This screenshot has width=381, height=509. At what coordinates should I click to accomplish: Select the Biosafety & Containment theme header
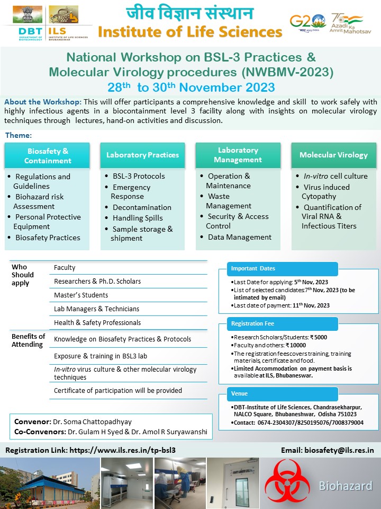click(x=48, y=156)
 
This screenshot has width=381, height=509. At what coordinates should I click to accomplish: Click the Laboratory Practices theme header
click(x=142, y=155)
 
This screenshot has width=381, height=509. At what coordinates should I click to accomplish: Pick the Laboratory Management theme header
click(x=238, y=155)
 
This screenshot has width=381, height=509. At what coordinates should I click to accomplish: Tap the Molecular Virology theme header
click(x=333, y=155)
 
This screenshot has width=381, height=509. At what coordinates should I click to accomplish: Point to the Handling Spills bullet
click(x=138, y=218)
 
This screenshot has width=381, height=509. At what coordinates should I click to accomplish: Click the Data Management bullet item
click(x=239, y=237)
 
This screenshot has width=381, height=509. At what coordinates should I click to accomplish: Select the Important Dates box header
click(x=253, y=268)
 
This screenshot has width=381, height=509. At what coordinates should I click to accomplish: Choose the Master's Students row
click(x=81, y=295)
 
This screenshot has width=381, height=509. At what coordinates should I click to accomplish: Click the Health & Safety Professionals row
click(x=97, y=322)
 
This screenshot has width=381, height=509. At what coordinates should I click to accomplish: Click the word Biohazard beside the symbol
click(x=345, y=486)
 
